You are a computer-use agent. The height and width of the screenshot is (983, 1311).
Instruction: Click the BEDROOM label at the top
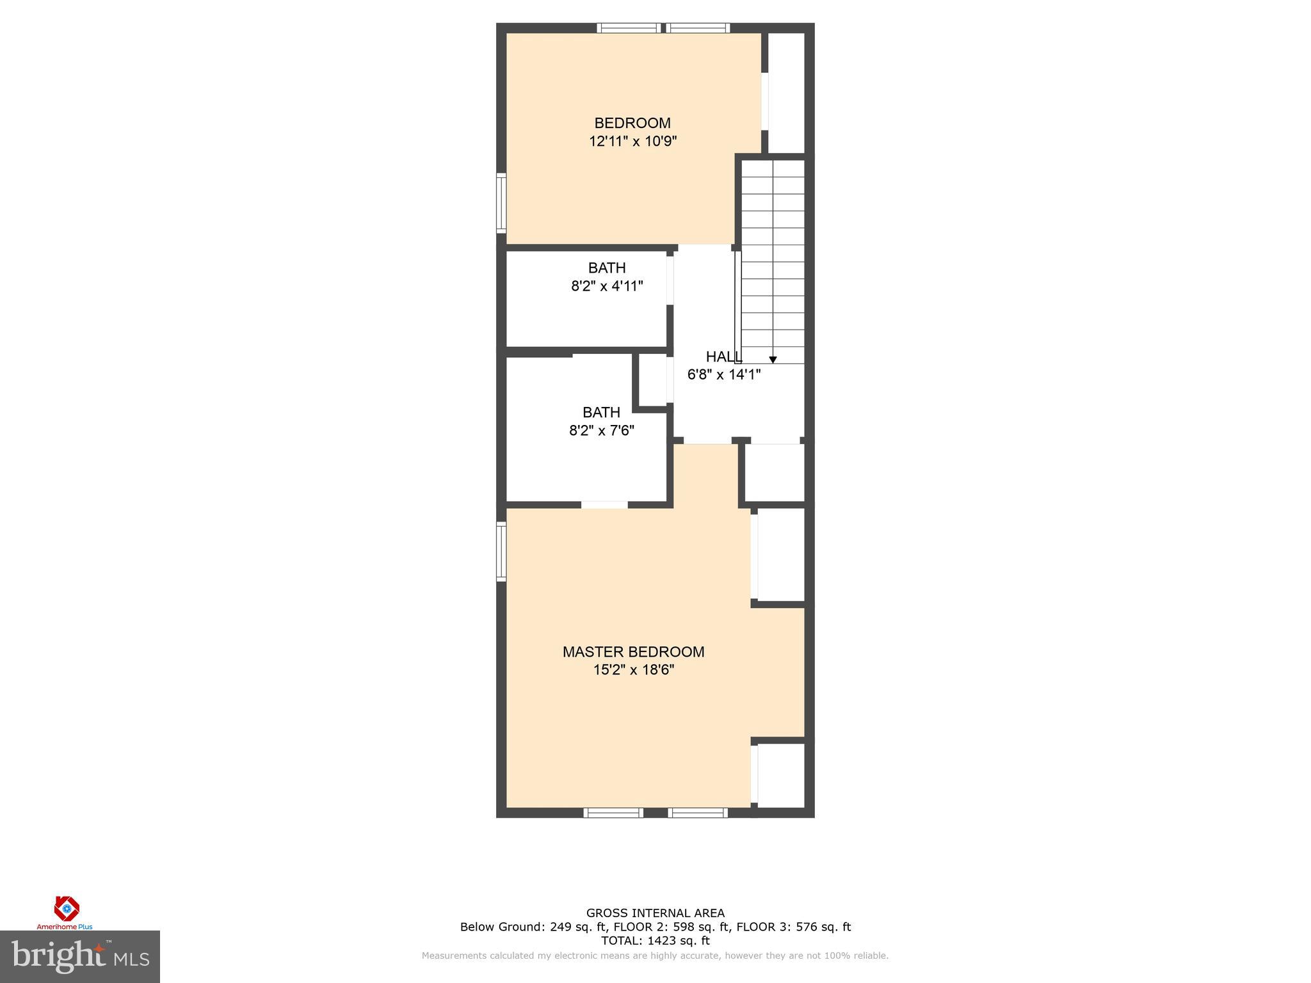[632, 123]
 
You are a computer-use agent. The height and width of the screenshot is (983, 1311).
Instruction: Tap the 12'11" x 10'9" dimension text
[632, 141]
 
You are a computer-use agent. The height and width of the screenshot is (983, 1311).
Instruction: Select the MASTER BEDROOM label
[633, 651]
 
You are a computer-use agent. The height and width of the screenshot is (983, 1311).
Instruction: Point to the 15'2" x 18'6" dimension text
[633, 670]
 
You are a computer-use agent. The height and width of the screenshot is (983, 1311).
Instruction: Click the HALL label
[723, 357]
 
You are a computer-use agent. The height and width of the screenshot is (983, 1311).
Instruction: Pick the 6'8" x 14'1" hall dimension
[723, 375]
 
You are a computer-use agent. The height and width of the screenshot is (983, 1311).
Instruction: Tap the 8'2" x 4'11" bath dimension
[607, 286]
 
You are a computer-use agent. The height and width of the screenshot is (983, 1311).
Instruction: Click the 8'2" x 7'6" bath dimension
[601, 431]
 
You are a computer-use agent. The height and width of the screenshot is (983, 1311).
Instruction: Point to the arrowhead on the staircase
[773, 360]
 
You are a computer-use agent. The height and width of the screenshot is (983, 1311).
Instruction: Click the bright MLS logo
[79, 957]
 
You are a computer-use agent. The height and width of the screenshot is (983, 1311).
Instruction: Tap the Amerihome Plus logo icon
[67, 908]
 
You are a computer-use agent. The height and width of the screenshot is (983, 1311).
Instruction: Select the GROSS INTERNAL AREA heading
[655, 913]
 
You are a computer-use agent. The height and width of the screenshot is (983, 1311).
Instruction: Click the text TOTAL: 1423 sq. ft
[655, 941]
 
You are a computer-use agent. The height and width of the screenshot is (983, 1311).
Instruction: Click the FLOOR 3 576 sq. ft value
[794, 927]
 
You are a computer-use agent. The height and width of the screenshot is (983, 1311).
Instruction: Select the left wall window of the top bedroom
[501, 203]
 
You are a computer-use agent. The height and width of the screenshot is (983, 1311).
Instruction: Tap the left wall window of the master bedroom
[501, 552]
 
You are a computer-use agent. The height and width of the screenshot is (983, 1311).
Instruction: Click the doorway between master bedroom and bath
[604, 505]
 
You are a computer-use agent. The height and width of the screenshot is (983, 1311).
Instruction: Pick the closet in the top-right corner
[786, 93]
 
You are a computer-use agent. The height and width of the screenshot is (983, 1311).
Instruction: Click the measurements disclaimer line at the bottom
[655, 956]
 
